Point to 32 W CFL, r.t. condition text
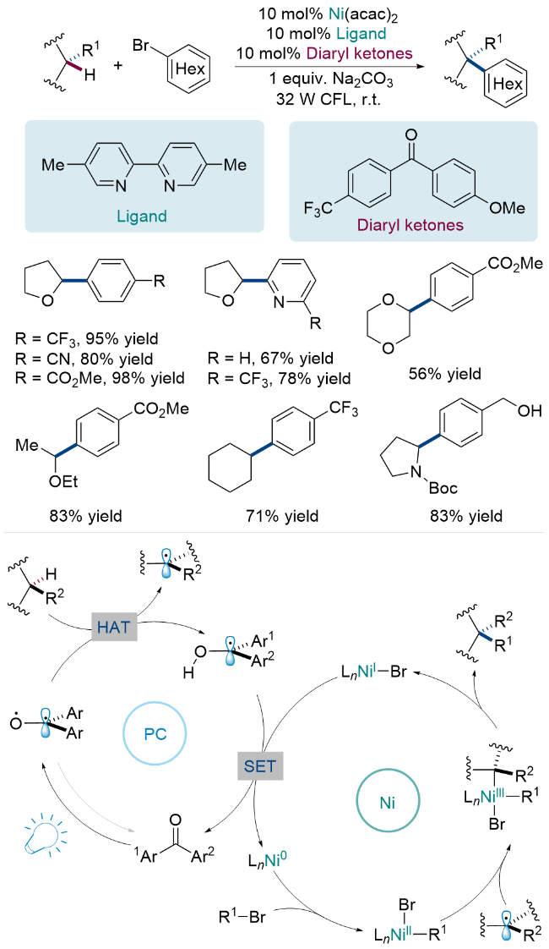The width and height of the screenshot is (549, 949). [x=320, y=100]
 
